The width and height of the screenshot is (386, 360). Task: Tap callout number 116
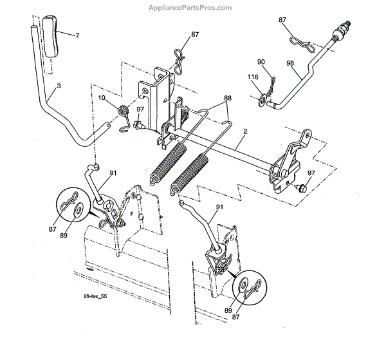pos(252,77)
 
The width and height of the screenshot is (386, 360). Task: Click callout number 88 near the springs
pos(227,99)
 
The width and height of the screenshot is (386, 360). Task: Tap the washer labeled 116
pos(262,99)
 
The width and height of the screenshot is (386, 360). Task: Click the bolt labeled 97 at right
pos(300,188)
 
